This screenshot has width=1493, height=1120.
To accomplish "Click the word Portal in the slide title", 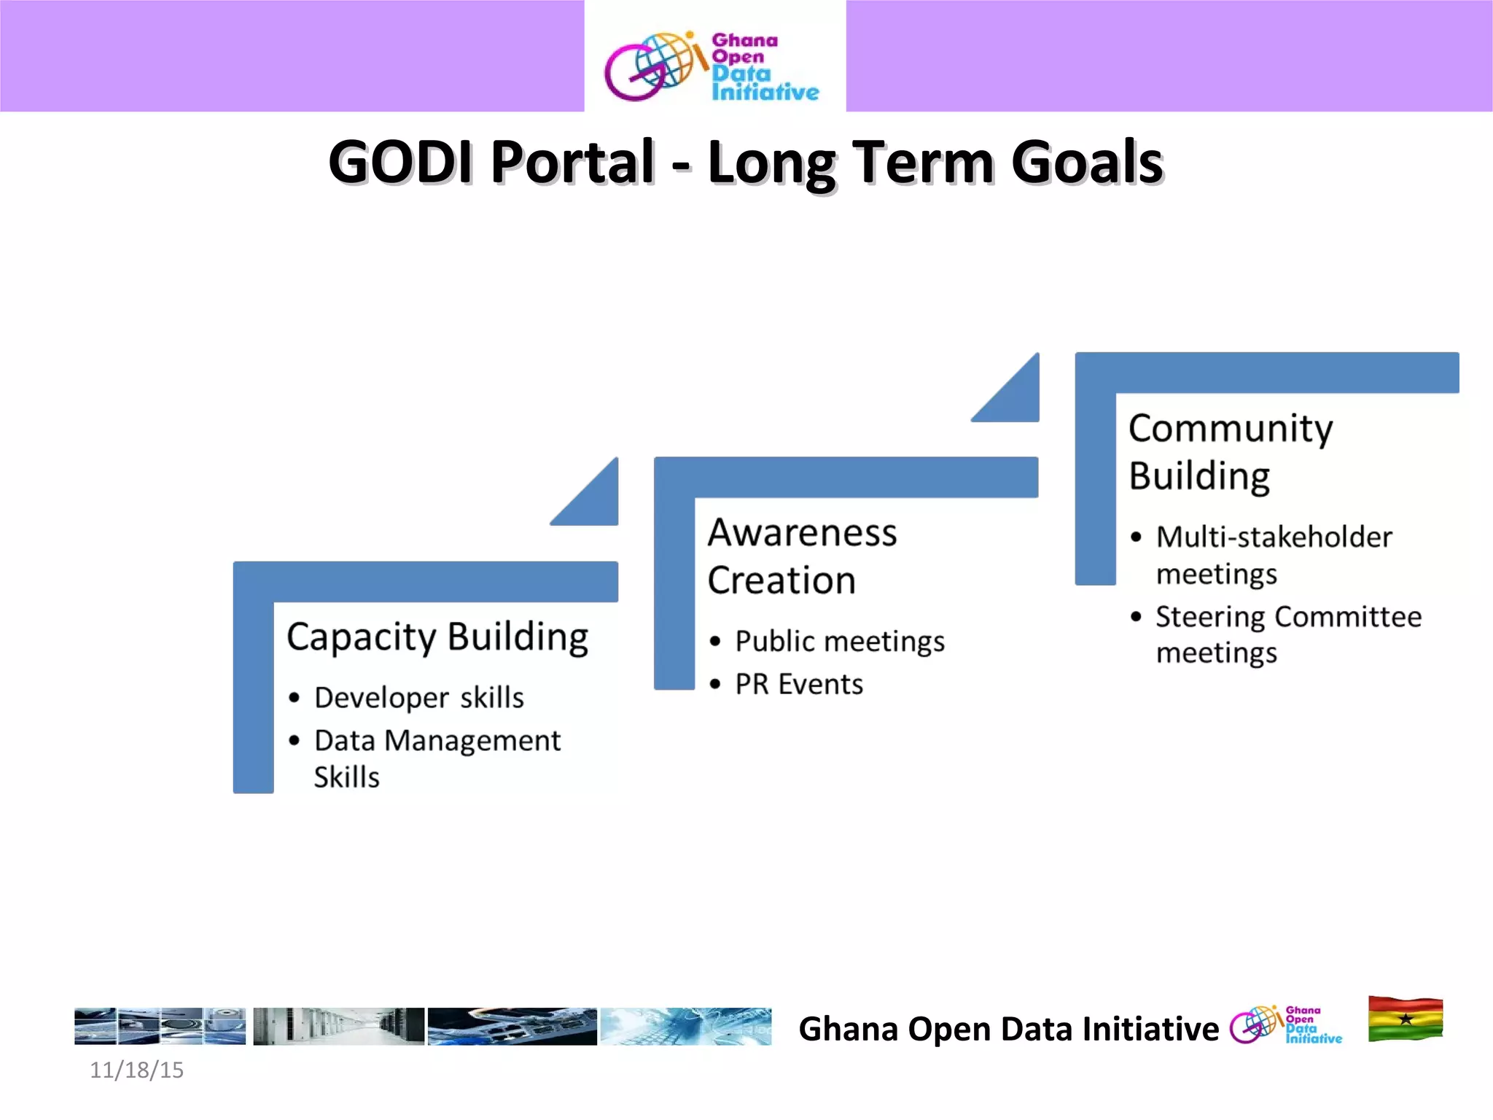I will [x=572, y=162].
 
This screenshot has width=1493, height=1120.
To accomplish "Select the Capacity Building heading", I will [x=437, y=637].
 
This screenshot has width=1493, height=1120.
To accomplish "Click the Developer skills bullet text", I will [x=419, y=698].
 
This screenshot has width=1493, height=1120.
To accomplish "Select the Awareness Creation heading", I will [x=802, y=556].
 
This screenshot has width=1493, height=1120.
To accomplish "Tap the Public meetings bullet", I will [x=840, y=642].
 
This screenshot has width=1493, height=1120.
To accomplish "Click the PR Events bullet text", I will [x=799, y=685].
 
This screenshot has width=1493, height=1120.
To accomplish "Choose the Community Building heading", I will [x=1231, y=451].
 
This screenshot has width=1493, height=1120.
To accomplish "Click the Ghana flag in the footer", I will [x=1405, y=1019].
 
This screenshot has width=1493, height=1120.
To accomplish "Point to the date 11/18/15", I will [x=136, y=1070].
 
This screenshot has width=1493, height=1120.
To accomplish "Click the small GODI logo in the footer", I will [x=1285, y=1024].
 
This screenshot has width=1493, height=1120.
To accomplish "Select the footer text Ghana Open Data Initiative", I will [x=1008, y=1029].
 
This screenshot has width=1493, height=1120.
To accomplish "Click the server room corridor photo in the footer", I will [x=338, y=1027].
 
